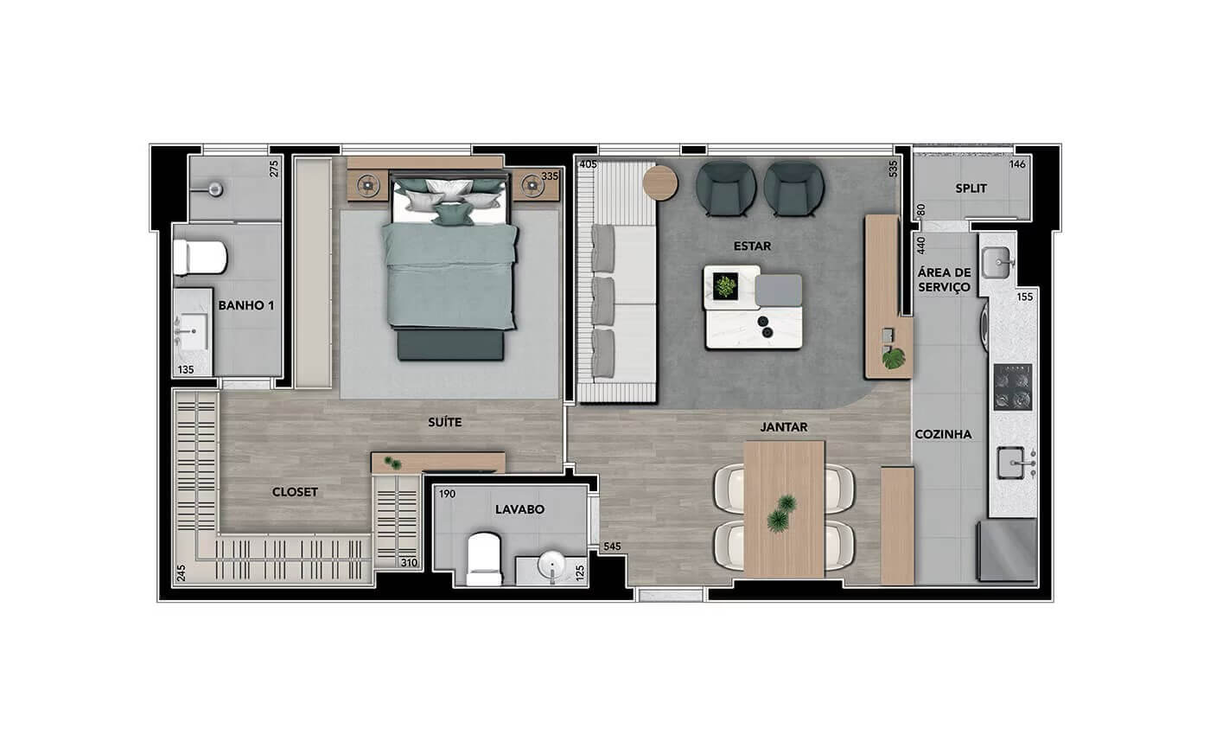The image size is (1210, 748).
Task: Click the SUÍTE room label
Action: (x=444, y=422)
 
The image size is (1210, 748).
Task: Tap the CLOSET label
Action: (x=295, y=492)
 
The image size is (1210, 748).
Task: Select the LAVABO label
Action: (x=519, y=509)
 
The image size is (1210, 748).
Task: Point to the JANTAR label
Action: (x=784, y=427)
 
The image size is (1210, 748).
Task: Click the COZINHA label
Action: (x=943, y=434)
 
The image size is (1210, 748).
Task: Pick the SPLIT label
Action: (x=971, y=189)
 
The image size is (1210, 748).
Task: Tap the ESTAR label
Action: (x=753, y=246)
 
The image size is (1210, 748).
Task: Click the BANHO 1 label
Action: (x=246, y=305)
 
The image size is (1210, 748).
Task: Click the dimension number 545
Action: (x=612, y=547)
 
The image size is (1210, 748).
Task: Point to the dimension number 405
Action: (x=588, y=164)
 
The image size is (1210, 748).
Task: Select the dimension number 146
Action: (x=1017, y=164)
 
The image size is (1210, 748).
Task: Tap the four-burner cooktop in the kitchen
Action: (x=1013, y=387)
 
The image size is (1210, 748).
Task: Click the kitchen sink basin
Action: (x=1010, y=463)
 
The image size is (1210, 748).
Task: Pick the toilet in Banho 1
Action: (x=200, y=258)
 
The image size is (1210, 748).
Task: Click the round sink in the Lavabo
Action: (x=551, y=565)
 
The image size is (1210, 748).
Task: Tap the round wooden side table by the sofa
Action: (x=660, y=182)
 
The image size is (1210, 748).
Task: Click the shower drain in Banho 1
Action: (x=215, y=189)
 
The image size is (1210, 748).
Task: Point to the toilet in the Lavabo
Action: (x=484, y=559)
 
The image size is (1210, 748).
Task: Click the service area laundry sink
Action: (x=996, y=263)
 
